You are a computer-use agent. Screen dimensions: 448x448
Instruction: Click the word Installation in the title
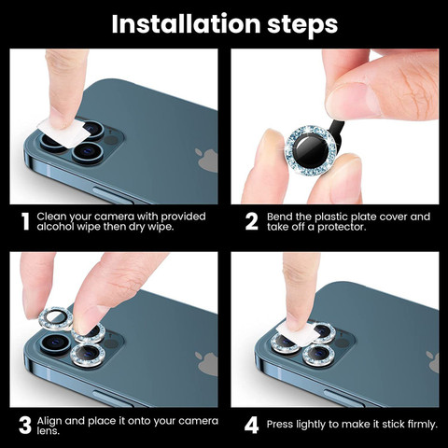coord(186,24)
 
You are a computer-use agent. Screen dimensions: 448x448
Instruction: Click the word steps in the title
coord(302,26)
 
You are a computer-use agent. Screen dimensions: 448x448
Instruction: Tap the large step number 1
coord(25,221)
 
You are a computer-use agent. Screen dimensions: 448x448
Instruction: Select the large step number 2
coord(251,221)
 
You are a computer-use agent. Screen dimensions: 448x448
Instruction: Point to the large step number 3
coord(25,426)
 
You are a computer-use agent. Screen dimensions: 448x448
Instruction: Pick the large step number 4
coord(251,426)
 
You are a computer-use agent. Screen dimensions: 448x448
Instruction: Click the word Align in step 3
coord(49,422)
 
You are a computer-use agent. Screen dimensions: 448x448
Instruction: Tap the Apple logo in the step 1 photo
coord(206,160)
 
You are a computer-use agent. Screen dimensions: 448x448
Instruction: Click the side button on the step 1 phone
coord(113,196)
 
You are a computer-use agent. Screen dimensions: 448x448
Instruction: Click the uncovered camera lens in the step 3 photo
coord(56,343)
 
